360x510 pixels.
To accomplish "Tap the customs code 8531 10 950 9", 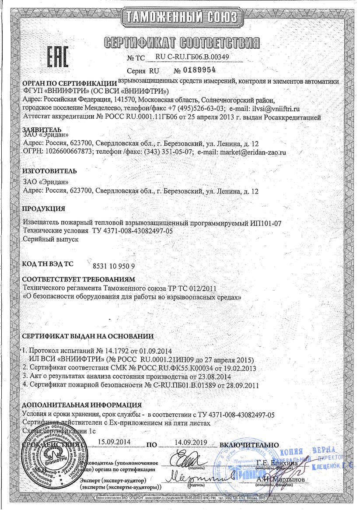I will (114, 266).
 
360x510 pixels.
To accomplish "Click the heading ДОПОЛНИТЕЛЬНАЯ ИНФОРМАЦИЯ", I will (82, 405).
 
